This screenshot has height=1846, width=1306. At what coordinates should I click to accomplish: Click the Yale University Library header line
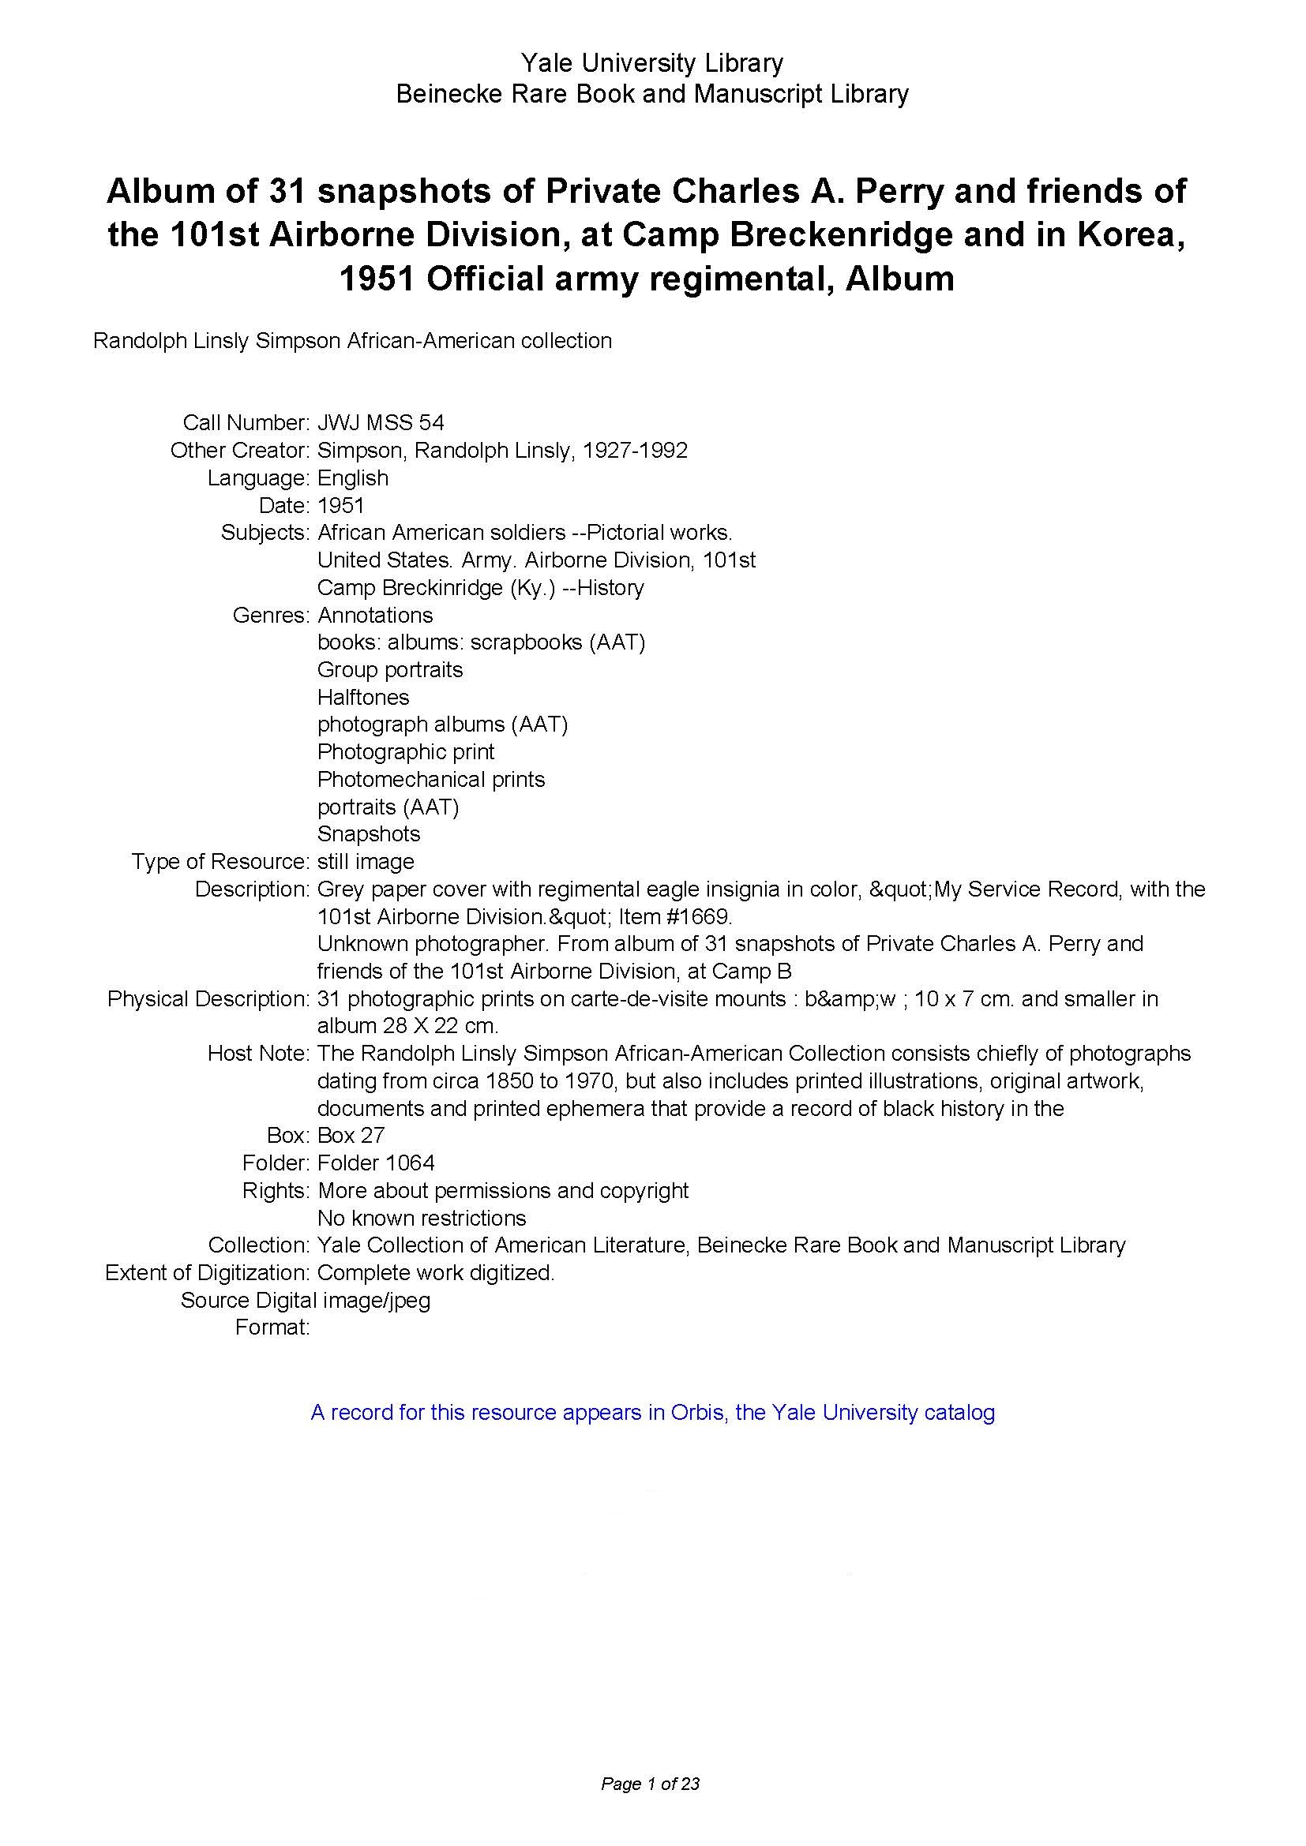pyautogui.click(x=651, y=62)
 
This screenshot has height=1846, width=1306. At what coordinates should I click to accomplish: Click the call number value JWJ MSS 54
pyautogui.click(x=381, y=422)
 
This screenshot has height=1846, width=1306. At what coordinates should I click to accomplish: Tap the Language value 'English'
pyautogui.click(x=352, y=477)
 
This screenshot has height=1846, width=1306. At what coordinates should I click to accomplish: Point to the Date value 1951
pyautogui.click(x=341, y=505)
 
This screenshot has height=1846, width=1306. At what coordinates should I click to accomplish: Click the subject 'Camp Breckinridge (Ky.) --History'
pyautogui.click(x=480, y=588)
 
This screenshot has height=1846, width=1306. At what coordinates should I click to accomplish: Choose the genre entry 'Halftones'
pyautogui.click(x=362, y=697)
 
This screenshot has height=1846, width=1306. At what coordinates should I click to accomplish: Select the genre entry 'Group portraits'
pyautogui.click(x=390, y=670)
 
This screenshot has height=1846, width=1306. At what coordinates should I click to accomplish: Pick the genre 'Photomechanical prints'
pyautogui.click(x=431, y=779)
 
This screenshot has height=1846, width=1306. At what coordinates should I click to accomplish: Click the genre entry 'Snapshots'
pyautogui.click(x=368, y=833)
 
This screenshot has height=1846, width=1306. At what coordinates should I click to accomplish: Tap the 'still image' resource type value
pyautogui.click(x=366, y=861)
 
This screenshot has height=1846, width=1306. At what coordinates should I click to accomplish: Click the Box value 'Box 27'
pyautogui.click(x=351, y=1135)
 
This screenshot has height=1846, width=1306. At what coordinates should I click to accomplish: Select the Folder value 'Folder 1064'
pyautogui.click(x=376, y=1163)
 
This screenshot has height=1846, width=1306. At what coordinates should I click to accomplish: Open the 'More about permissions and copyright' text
pyautogui.click(x=504, y=1190)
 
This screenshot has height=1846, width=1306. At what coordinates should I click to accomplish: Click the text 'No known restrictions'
pyautogui.click(x=422, y=1217)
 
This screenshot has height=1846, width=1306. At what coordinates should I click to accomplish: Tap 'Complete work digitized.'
pyautogui.click(x=436, y=1273)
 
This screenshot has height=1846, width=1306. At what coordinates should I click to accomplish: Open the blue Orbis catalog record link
pyautogui.click(x=652, y=1413)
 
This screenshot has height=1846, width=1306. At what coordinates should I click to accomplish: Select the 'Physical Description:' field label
pyautogui.click(x=208, y=998)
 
